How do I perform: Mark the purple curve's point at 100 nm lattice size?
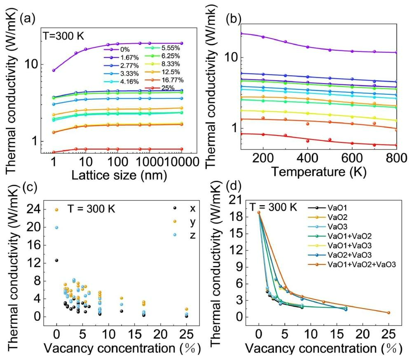[117, 44]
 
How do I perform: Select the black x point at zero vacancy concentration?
[57, 260]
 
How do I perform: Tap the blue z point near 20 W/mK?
[57, 227]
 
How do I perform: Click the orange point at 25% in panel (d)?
[388, 313]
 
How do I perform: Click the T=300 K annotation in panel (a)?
[64, 36]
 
